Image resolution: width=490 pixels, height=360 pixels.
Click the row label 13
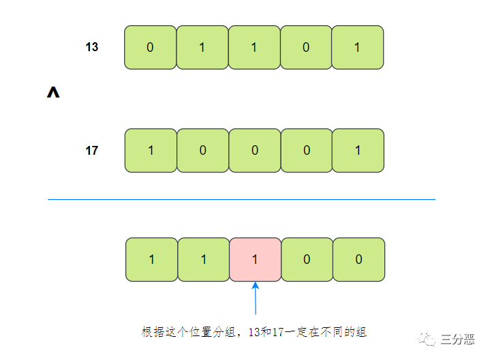(x=92, y=48)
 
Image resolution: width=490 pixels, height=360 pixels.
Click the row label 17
(x=92, y=151)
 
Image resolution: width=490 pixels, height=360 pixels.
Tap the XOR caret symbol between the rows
(x=53, y=93)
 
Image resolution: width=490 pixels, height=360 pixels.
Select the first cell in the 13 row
(x=151, y=48)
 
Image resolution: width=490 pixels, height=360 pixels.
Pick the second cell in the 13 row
(x=202, y=48)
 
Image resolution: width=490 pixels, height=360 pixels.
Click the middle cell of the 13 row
(x=254, y=48)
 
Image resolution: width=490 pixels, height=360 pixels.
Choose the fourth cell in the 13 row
(x=306, y=48)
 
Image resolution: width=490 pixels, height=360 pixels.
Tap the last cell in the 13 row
(x=358, y=48)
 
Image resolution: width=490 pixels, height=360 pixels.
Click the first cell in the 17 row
(x=151, y=151)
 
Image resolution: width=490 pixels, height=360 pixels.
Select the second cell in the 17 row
(x=202, y=151)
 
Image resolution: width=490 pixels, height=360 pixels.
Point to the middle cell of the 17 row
(x=254, y=151)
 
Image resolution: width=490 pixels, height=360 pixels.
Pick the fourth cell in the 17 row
(x=306, y=151)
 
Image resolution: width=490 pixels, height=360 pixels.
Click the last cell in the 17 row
(x=358, y=151)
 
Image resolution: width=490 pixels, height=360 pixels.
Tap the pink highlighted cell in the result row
(x=256, y=260)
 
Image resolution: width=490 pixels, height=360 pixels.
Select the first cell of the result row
(x=151, y=260)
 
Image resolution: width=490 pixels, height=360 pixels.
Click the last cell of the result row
(x=359, y=260)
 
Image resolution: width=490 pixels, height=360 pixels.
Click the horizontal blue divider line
(x=241, y=200)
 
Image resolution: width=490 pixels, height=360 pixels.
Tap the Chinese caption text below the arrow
(x=254, y=332)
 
